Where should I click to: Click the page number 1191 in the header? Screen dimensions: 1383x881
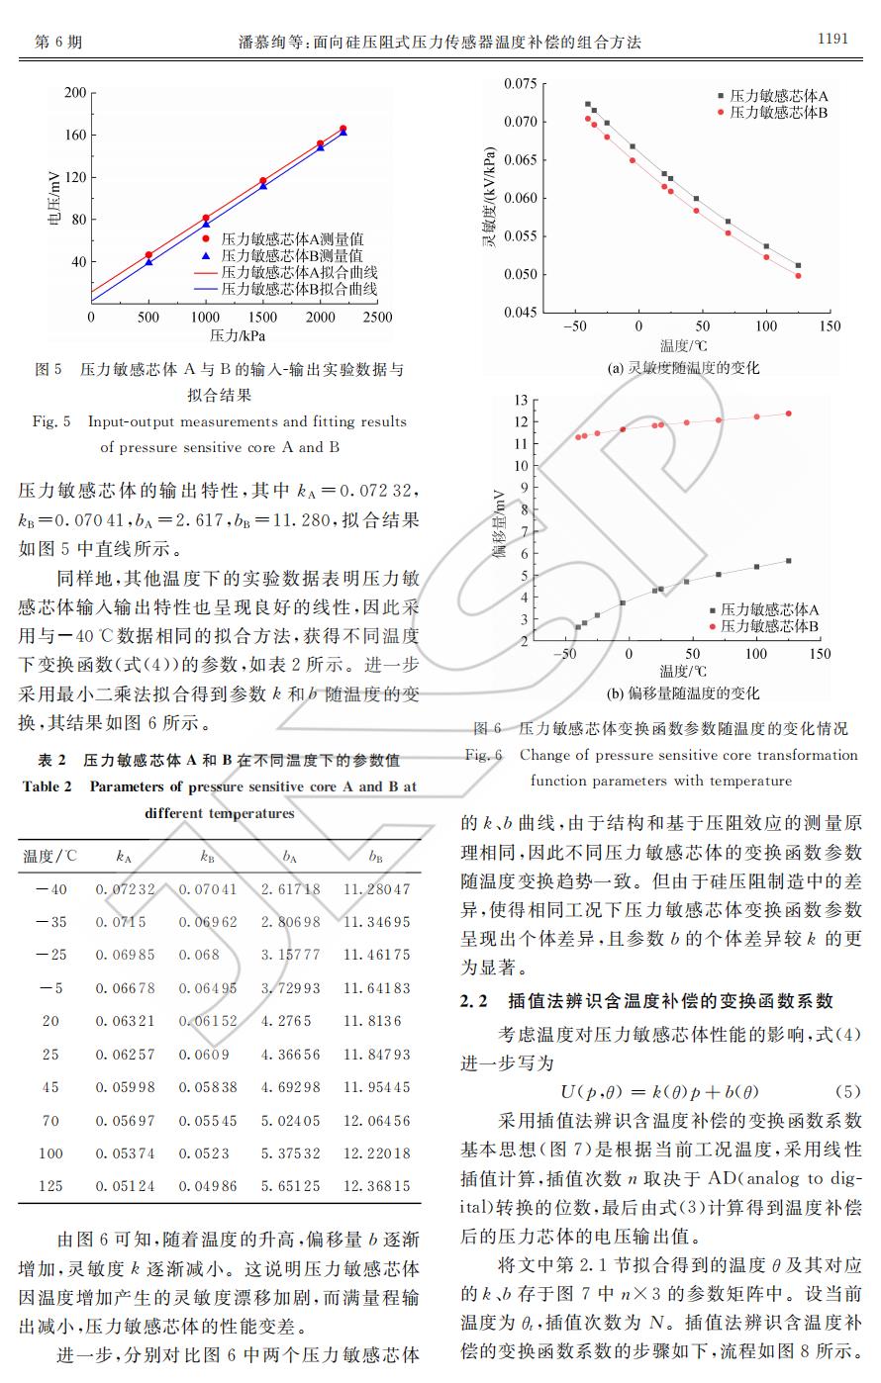832,39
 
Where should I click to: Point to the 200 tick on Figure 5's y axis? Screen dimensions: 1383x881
74,92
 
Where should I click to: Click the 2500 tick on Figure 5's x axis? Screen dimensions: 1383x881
377,318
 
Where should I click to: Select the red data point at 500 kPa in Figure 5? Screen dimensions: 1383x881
148,255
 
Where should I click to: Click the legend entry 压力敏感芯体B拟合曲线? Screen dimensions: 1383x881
299,290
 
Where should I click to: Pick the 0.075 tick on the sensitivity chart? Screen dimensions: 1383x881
521,84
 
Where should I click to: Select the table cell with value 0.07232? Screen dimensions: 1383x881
125,889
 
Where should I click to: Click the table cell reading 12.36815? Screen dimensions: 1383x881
376,1185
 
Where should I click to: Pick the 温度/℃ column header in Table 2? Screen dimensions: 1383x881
49,857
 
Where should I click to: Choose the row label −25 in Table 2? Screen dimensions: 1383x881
50,955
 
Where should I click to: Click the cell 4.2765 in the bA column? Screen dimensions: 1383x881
286,1021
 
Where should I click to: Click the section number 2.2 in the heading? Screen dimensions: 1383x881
474,1001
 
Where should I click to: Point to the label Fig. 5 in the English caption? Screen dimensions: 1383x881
51,421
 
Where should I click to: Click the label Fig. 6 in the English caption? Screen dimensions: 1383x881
484,755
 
